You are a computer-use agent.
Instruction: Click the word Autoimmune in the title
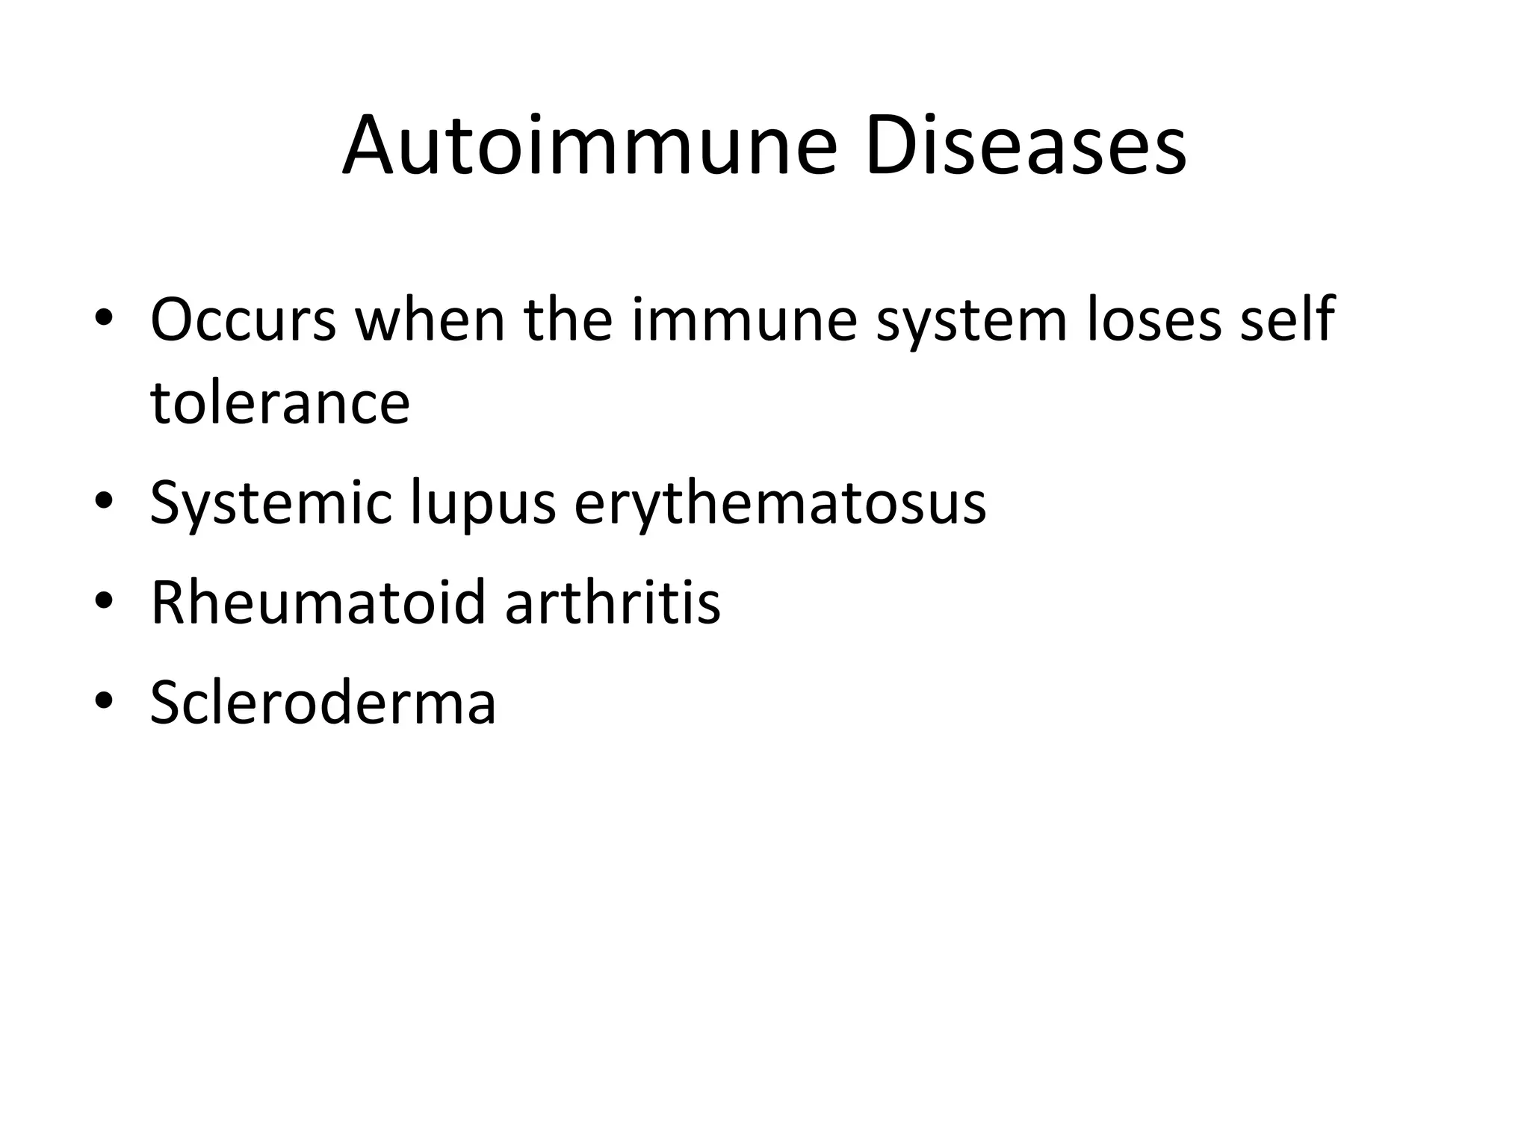tap(589, 146)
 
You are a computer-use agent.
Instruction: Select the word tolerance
tap(280, 403)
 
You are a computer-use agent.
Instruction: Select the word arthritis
tap(613, 602)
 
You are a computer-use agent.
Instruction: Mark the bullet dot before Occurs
tap(104, 322)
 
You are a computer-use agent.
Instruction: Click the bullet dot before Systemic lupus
tap(104, 500)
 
